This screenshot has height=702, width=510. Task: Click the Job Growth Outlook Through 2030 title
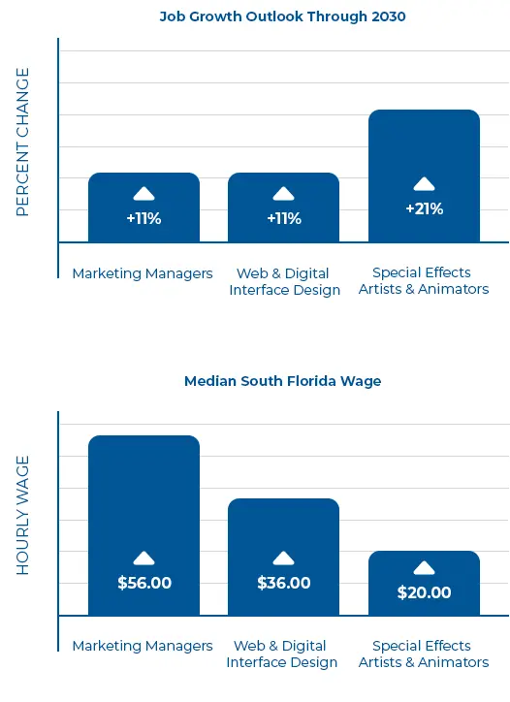point(283,16)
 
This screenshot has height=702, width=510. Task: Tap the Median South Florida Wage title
point(283,381)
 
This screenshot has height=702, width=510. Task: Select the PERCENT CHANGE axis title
point(23,143)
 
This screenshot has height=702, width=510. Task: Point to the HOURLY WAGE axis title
point(23,515)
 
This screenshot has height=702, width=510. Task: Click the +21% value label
point(424,208)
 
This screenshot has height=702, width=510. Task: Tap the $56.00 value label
point(143,583)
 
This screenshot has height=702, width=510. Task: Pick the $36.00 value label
point(283,583)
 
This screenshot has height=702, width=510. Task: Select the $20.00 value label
point(424,592)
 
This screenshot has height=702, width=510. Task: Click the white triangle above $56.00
point(143,558)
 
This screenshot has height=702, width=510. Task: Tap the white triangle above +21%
point(424,184)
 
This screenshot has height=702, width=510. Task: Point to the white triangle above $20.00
point(424,568)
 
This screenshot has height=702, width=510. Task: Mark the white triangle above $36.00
point(283,558)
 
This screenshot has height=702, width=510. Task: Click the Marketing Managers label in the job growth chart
point(143,273)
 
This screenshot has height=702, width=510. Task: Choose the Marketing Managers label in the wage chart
point(143,646)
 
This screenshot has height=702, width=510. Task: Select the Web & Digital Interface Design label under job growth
point(284,281)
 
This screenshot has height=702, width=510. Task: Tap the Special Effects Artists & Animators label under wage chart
point(424,654)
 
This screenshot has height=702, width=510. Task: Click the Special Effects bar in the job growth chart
point(424,145)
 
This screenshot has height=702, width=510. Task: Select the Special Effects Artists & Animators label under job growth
point(424,281)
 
